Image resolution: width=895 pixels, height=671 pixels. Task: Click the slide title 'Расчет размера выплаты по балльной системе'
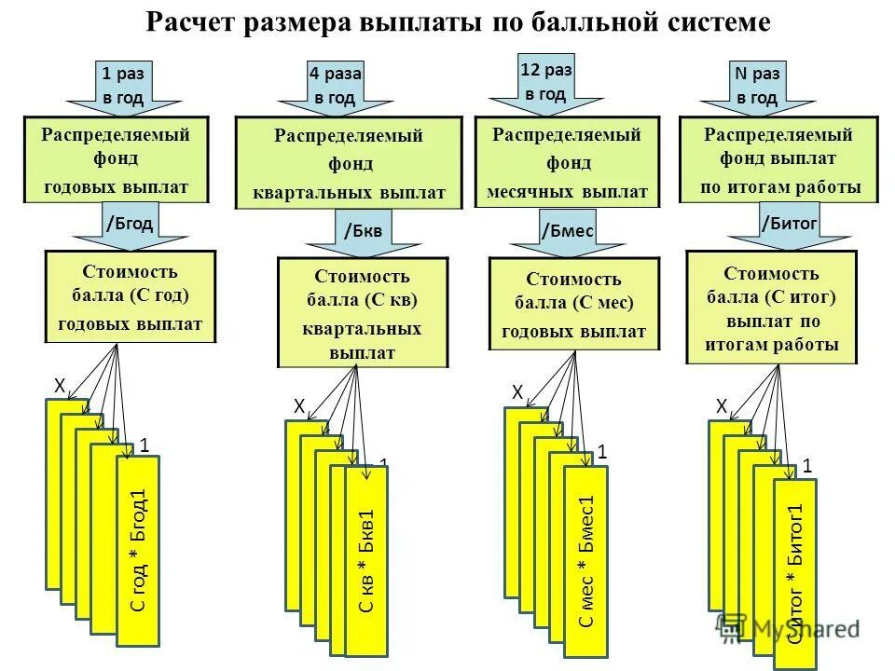coord(458,22)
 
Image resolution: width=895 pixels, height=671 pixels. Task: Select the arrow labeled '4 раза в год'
coord(335,86)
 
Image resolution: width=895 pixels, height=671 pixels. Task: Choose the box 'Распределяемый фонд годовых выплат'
coord(117,160)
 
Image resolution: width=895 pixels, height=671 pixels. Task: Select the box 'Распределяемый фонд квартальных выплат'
coord(349,163)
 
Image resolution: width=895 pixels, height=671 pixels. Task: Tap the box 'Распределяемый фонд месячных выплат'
coord(567,163)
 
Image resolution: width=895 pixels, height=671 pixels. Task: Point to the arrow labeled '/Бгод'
coord(130,226)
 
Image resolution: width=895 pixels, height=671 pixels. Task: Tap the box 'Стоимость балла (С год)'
coord(131,297)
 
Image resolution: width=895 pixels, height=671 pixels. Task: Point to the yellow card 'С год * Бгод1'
coord(138,550)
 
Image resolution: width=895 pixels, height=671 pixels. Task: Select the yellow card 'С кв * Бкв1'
coord(366,559)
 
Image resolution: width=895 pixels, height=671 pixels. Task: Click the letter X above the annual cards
coord(58,385)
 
